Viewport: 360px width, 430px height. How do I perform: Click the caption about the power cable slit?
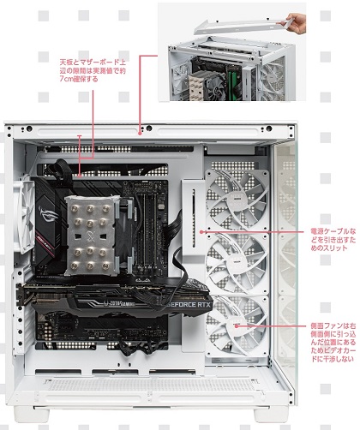coord(329,242)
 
